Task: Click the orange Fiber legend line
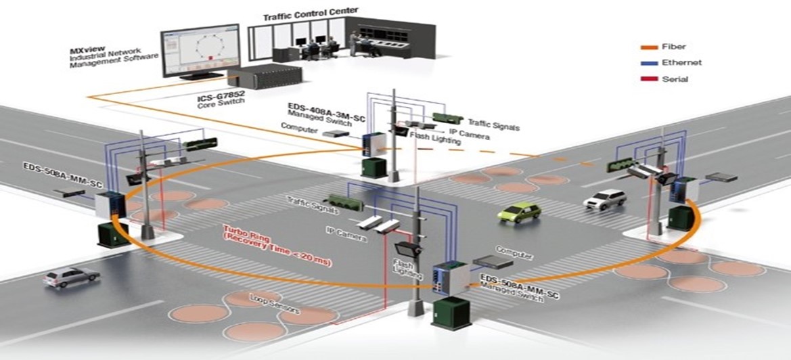650,47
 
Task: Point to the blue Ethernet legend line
650,63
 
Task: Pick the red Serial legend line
650,79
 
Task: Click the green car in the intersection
519,212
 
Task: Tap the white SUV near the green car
604,198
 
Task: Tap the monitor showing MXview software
200,51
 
